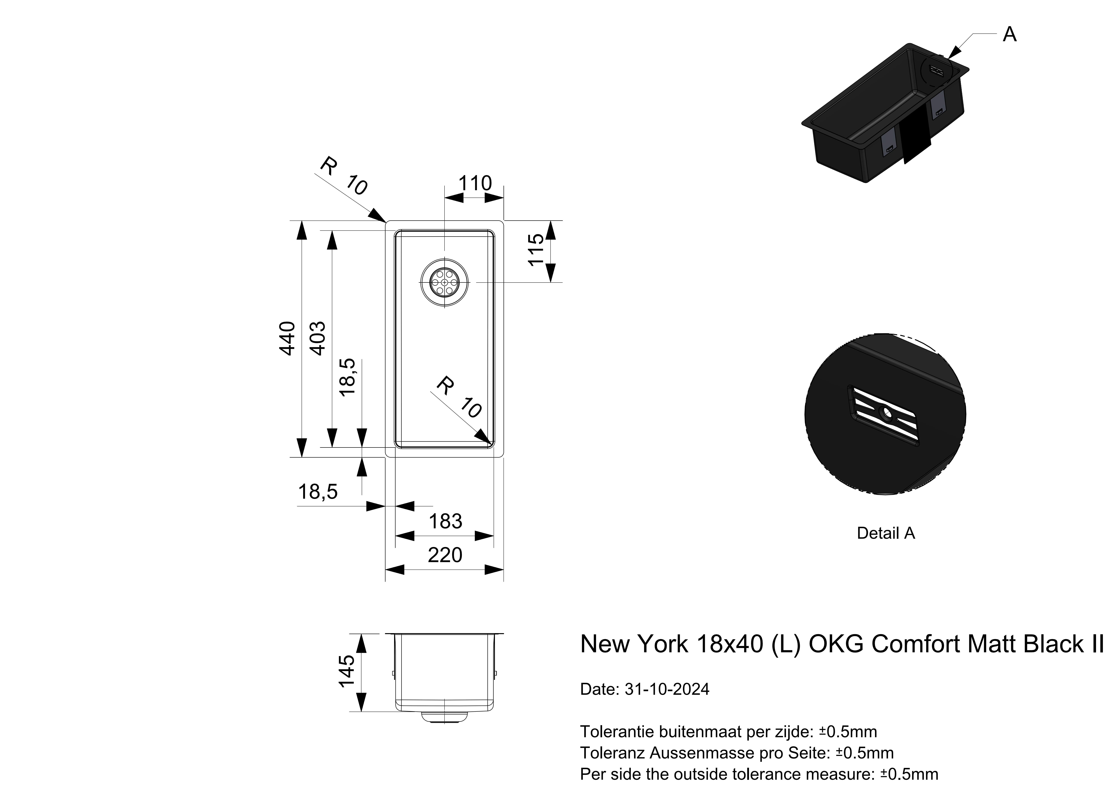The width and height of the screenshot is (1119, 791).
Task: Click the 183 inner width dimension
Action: point(445,522)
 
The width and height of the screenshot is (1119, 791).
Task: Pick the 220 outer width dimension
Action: point(445,555)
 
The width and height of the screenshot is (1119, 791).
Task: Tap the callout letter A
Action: point(1009,35)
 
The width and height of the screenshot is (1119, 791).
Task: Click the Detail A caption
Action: point(886,533)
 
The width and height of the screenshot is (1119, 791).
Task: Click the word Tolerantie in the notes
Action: point(617,732)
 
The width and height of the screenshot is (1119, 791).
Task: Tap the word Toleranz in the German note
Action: point(613,753)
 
